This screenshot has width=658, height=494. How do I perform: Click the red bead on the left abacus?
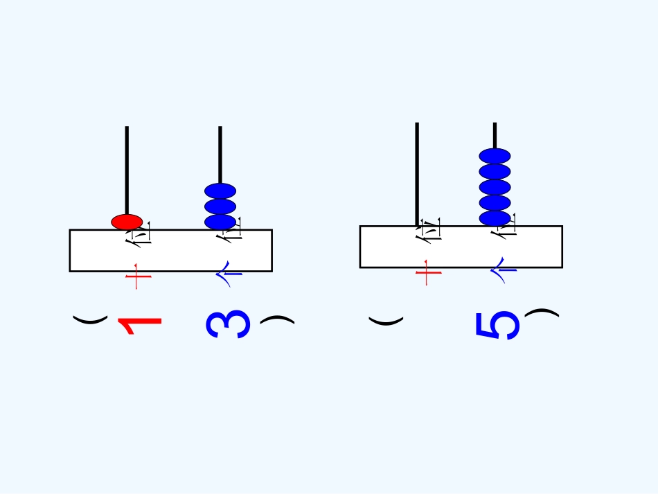pyautogui.click(x=127, y=222)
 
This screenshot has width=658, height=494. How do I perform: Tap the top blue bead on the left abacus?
pyautogui.click(x=220, y=191)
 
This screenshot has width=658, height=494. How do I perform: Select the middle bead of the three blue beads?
pyautogui.click(x=220, y=206)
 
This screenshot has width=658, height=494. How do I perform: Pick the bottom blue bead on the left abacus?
pyautogui.click(x=220, y=222)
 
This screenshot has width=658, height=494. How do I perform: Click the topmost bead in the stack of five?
pyautogui.click(x=495, y=156)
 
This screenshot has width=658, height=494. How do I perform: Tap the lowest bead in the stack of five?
pyautogui.click(x=495, y=218)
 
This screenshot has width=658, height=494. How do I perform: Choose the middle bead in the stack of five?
pyautogui.click(x=495, y=187)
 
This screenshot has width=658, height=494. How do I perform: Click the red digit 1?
pyautogui.click(x=140, y=326)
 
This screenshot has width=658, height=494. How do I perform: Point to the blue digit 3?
pyautogui.click(x=229, y=324)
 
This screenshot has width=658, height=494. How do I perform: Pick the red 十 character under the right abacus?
pyautogui.click(x=428, y=272)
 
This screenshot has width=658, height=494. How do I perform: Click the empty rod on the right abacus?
pyautogui.click(x=417, y=173)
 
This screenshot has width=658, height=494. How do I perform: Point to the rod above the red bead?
pyautogui.click(x=127, y=170)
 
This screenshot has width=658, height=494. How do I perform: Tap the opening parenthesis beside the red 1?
pyautogui.click(x=91, y=319)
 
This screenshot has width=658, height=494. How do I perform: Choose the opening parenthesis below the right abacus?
pyautogui.click(x=386, y=321)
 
